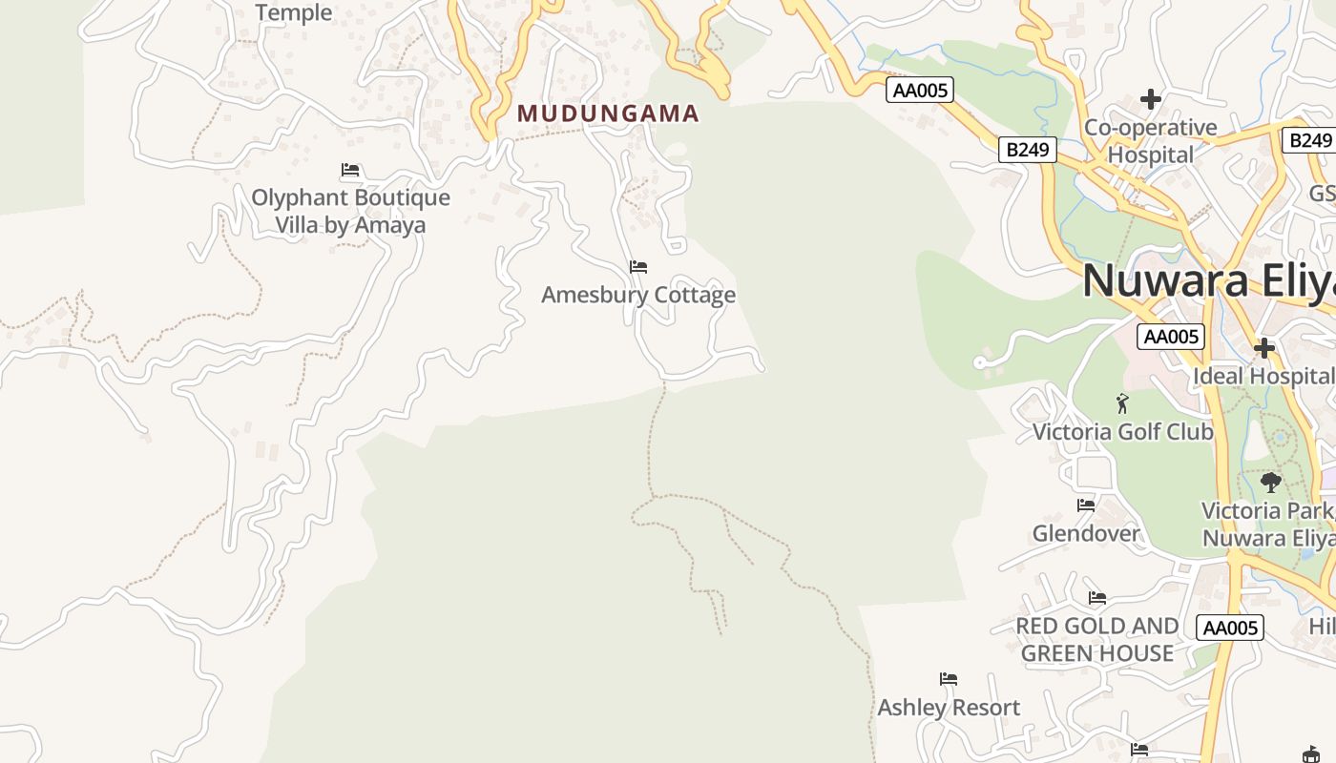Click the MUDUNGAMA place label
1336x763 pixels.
(608, 113)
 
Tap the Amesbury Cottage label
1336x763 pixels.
(638, 295)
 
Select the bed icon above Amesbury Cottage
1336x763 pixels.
(638, 266)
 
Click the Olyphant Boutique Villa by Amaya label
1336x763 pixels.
(350, 211)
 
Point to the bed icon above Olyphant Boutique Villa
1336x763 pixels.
(350, 170)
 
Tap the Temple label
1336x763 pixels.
(294, 12)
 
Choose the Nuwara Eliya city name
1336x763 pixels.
(1208, 280)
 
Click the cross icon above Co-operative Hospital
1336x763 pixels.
(1151, 99)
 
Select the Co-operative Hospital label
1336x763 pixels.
(1151, 141)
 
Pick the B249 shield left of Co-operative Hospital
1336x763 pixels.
(1028, 150)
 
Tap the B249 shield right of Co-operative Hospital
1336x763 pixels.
(1309, 141)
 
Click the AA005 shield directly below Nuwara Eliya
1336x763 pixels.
(1171, 337)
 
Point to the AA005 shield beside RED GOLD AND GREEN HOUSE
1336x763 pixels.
(1230, 628)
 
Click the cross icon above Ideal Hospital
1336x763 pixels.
(1264, 348)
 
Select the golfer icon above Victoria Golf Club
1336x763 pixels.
(1122, 403)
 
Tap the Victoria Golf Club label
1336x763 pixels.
(1123, 432)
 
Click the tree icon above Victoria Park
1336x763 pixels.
(1270, 482)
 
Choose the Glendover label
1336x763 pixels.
(1086, 533)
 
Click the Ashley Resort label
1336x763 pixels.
(949, 708)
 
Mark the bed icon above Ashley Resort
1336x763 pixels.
(949, 679)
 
